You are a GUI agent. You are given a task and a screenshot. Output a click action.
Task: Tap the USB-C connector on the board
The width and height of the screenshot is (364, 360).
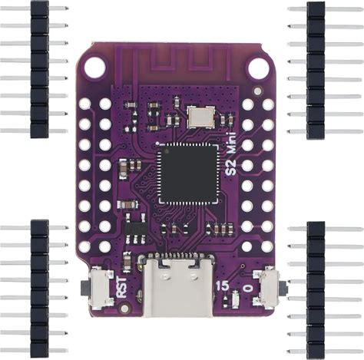tap(178, 285)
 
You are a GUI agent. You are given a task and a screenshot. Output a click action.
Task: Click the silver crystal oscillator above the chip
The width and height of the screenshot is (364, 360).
tap(200, 117)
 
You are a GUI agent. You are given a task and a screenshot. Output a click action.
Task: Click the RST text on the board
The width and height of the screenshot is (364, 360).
tap(121, 287)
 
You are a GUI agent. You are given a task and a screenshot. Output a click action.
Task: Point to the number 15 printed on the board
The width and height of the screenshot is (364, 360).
tap(222, 286)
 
